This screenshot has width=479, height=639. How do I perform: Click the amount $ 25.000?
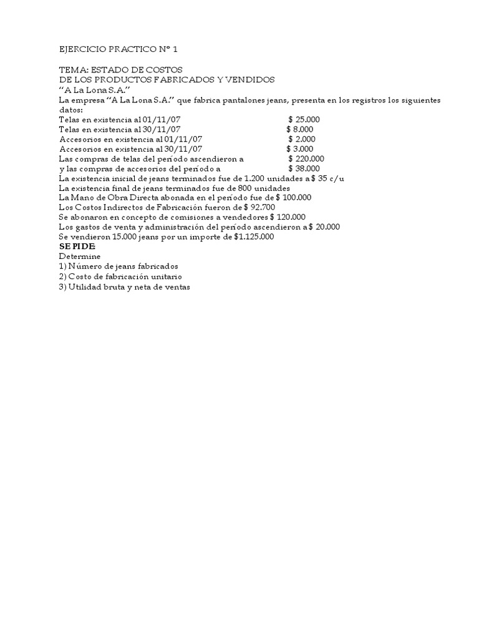(306, 119)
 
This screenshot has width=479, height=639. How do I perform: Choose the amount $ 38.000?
(304, 168)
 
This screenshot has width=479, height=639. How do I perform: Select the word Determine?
(79, 256)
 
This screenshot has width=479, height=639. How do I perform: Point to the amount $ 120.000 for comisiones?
(288, 217)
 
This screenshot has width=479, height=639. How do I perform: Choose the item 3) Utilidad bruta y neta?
(124, 286)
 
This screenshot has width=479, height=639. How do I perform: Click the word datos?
(70, 109)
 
